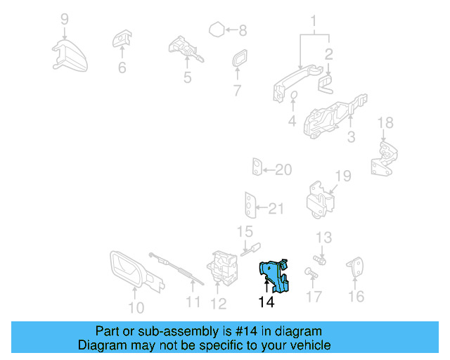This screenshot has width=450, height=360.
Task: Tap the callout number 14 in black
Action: tap(266, 302)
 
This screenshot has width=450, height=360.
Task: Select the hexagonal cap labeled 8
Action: tap(217, 30)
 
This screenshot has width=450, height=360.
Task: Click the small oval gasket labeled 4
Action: tap(293, 95)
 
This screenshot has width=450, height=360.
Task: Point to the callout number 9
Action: tap(65, 19)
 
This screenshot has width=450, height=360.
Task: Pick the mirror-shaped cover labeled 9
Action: tap(70, 56)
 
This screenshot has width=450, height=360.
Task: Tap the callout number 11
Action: tap(193, 302)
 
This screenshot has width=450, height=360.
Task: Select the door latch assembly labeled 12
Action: tap(222, 268)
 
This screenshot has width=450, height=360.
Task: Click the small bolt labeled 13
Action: tap(320, 260)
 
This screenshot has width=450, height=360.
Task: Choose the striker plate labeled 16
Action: tap(355, 266)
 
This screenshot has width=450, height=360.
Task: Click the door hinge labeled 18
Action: tap(385, 158)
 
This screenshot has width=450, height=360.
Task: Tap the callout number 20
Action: tap(283, 169)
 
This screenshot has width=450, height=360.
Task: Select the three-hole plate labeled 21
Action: tap(250, 205)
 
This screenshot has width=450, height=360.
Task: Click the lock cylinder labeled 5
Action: tap(186, 49)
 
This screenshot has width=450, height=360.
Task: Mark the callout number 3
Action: tap(352, 137)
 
